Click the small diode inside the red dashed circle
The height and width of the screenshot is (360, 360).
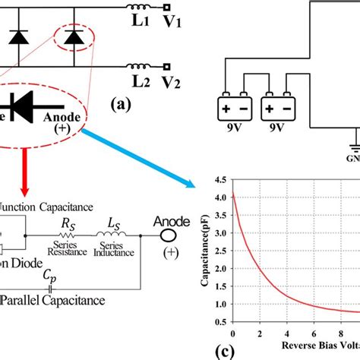[73, 36]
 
